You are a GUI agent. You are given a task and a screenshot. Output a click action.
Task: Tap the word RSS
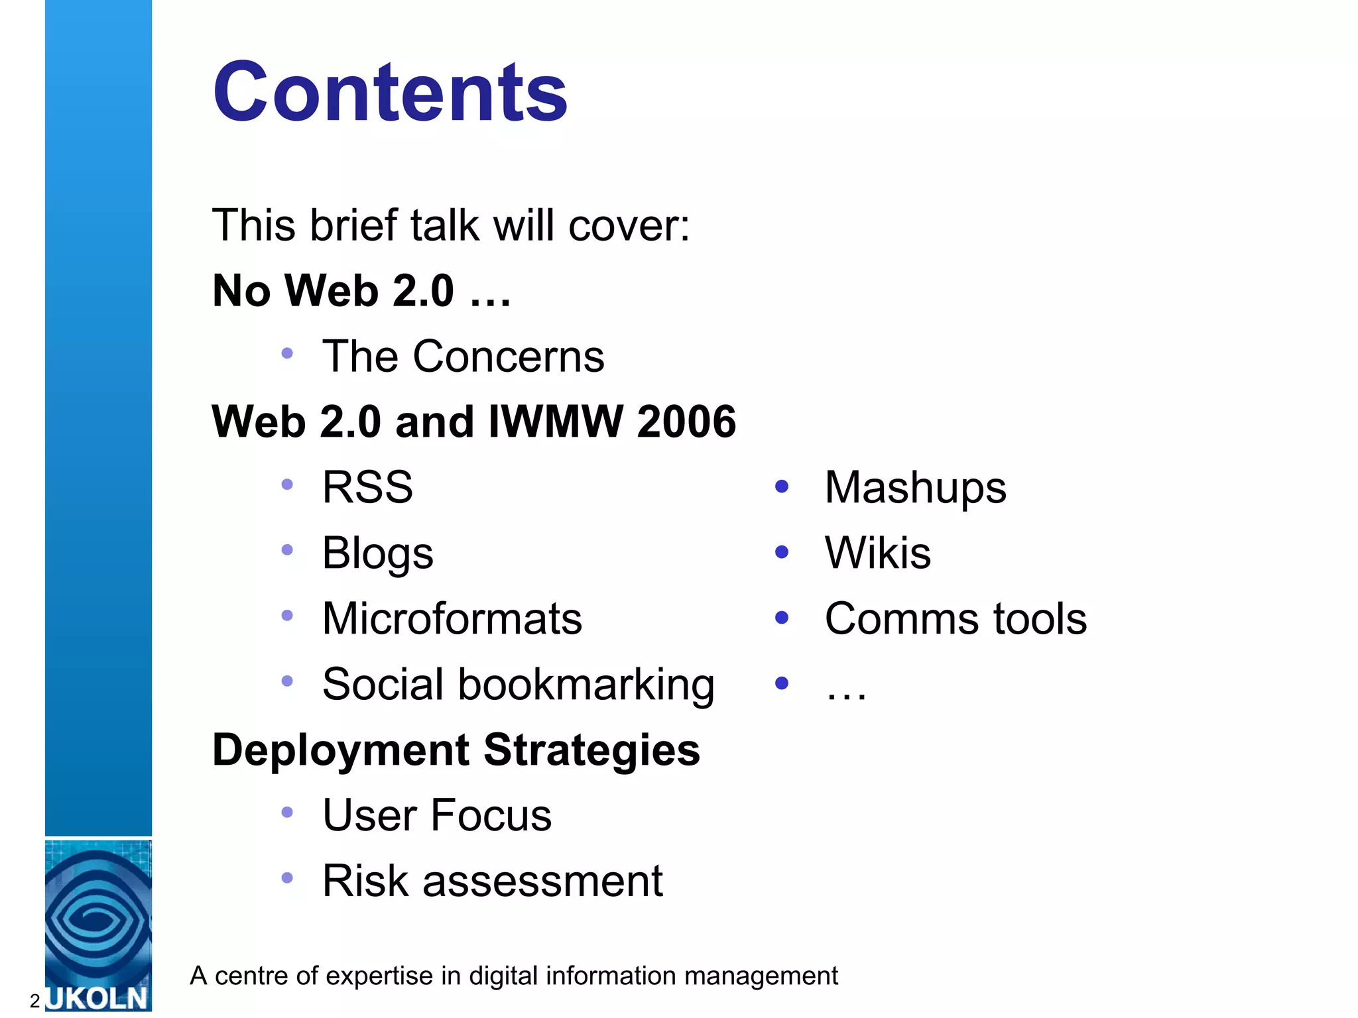(367, 487)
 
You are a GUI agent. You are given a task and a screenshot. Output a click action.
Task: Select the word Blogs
(377, 553)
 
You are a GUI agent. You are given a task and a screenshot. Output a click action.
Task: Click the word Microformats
(452, 618)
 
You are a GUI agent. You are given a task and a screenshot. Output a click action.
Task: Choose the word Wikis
(877, 553)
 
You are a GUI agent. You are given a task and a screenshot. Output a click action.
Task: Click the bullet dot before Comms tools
(782, 618)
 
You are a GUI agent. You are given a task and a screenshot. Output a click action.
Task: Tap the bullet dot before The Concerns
(287, 353)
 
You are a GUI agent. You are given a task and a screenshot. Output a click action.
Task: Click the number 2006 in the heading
(686, 422)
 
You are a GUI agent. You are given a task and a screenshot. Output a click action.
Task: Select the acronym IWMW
(556, 422)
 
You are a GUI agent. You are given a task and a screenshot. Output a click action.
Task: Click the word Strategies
(591, 750)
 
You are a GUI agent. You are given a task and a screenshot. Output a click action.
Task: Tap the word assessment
(542, 881)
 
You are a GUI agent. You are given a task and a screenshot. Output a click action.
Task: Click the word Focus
(491, 815)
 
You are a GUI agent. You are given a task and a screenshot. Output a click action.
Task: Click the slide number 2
(35, 1001)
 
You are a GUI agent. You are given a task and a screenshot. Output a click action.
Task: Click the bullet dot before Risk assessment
(287, 878)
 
